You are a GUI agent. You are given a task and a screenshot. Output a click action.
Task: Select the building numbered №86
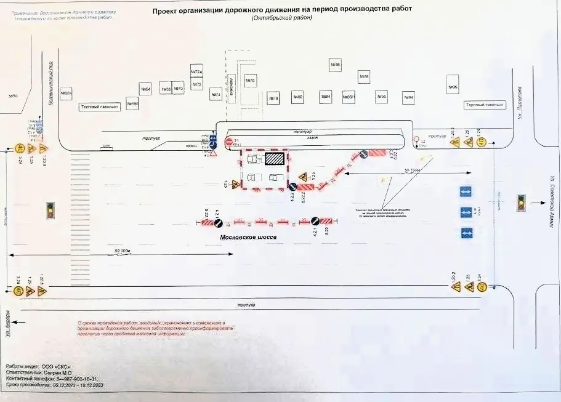[336, 65]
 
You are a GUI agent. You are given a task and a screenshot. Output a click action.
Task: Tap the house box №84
[326, 97]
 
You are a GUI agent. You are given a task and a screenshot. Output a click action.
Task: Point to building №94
[408, 97]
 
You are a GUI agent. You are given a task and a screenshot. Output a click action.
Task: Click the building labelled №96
[453, 87]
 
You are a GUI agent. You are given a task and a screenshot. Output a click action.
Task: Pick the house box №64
[146, 89]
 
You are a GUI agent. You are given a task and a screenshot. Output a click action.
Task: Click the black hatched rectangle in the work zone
[275, 158]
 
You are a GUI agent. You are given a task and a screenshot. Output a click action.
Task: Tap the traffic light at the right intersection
[521, 201]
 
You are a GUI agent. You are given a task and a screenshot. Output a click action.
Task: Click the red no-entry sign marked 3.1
[228, 142]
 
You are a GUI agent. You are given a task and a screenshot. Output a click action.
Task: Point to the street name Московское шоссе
[250, 236]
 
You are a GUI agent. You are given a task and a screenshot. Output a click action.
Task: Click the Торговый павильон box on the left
[99, 107]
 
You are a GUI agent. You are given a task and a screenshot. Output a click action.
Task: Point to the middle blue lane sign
[466, 212]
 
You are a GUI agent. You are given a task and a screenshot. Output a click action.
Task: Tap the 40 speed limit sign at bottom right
[482, 286]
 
